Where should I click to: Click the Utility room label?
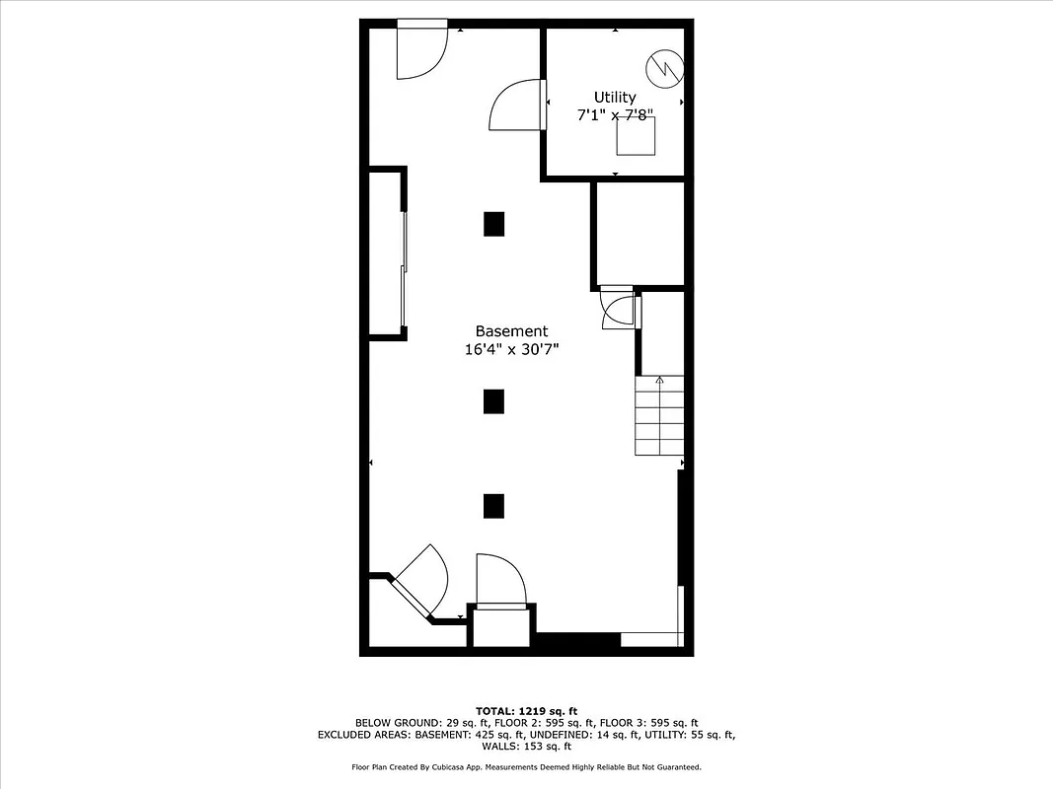pyautogui.click(x=615, y=97)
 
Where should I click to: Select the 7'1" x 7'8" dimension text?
pyautogui.click(x=615, y=115)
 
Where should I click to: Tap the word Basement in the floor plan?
pyautogui.click(x=511, y=331)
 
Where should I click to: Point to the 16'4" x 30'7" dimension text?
pyautogui.click(x=511, y=349)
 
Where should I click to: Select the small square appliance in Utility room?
pyautogui.click(x=636, y=136)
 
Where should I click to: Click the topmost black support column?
pyautogui.click(x=494, y=224)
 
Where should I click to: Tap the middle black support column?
pyautogui.click(x=494, y=401)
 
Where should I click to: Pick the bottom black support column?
pyautogui.click(x=494, y=506)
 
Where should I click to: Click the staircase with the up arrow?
pyautogui.click(x=659, y=415)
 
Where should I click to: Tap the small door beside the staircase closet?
pyautogui.click(x=620, y=310)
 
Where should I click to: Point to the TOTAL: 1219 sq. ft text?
pyautogui.click(x=526, y=710)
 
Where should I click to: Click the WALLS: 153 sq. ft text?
pyautogui.click(x=526, y=747)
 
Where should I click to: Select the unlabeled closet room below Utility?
pyautogui.click(x=639, y=233)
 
